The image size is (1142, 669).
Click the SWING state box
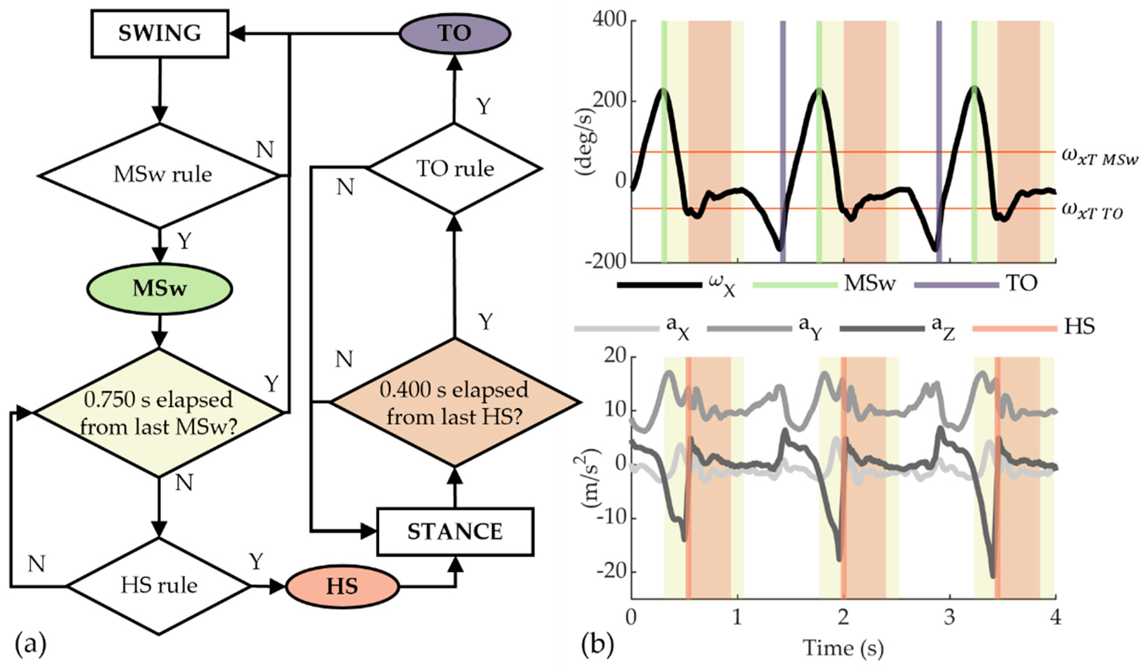[160, 34]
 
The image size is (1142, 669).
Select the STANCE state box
[455, 532]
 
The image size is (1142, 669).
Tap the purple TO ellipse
[454, 33]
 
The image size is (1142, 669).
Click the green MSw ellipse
[160, 289]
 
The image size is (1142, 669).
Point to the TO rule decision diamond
[454, 169]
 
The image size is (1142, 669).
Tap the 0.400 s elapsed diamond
[454, 402]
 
